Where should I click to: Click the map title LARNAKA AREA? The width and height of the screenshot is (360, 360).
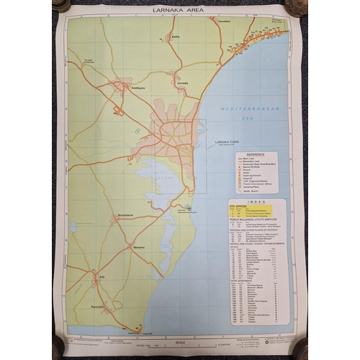(179, 11)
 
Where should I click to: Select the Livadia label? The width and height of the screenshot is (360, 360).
(183, 83)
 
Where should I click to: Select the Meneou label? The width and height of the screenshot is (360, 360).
(139, 246)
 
